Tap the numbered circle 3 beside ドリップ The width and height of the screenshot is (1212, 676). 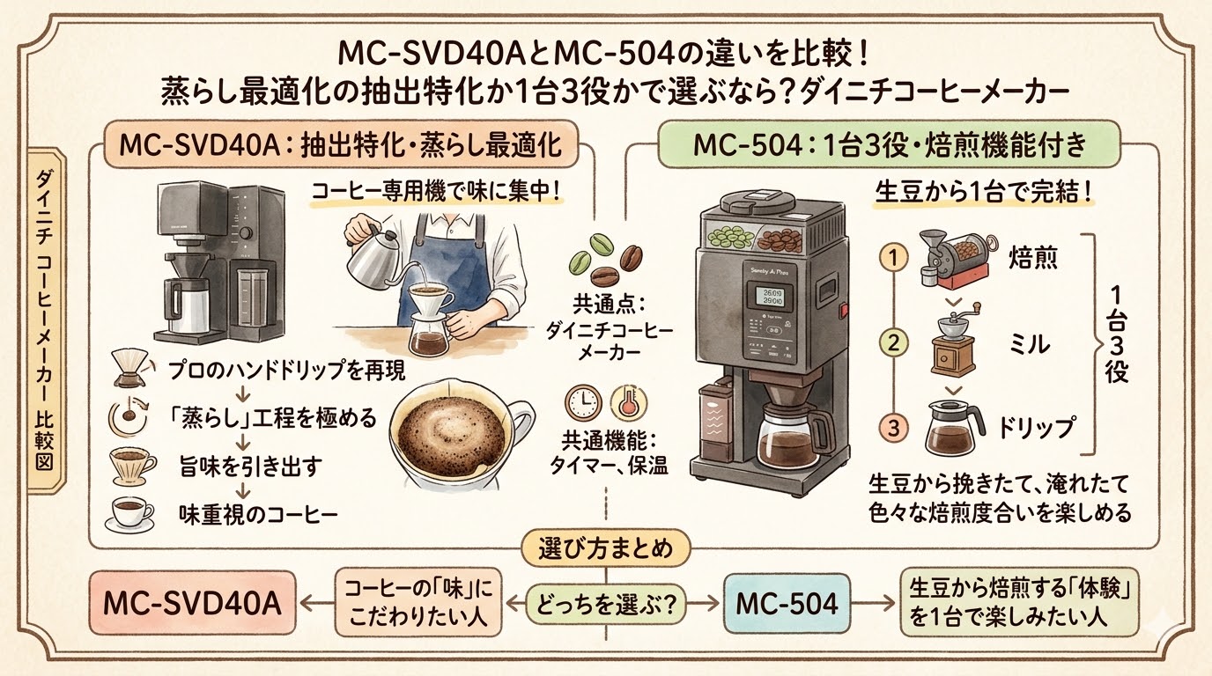pos(894,429)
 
